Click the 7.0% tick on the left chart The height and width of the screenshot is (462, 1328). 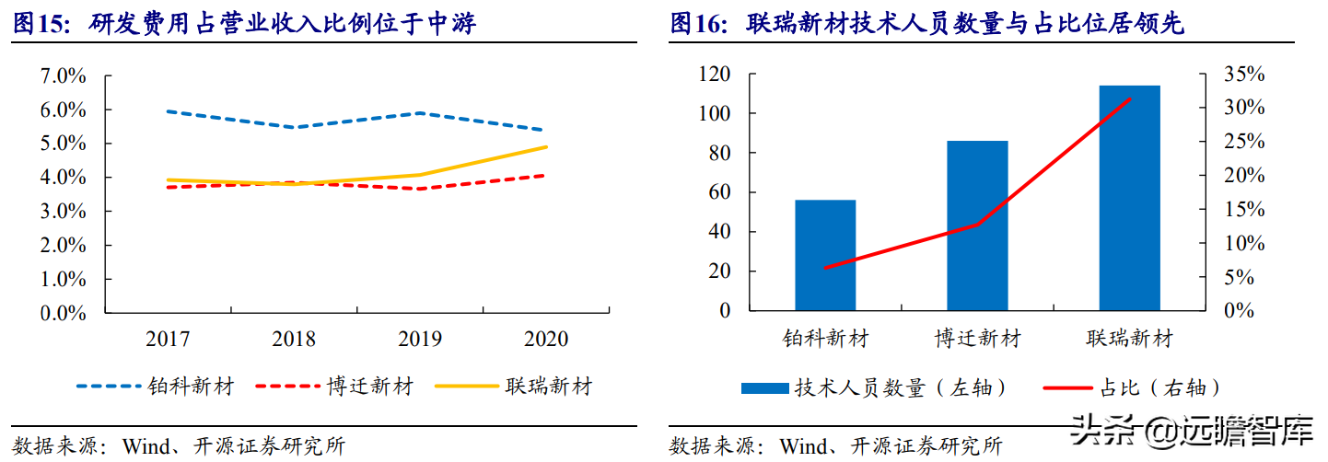pyautogui.click(x=64, y=76)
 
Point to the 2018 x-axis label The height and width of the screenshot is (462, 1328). pyautogui.click(x=294, y=340)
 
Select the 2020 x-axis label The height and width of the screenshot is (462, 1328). pyautogui.click(x=546, y=340)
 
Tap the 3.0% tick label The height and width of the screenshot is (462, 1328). pyautogui.click(x=64, y=212)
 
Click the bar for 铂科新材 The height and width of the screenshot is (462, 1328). pyautogui.click(x=825, y=255)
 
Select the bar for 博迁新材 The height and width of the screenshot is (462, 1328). pyautogui.click(x=977, y=225)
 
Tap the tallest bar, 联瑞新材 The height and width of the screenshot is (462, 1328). pyautogui.click(x=1129, y=198)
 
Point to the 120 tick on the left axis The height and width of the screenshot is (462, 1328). pyautogui.click(x=714, y=75)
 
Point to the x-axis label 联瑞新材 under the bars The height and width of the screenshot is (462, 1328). pyautogui.click(x=1129, y=340)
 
